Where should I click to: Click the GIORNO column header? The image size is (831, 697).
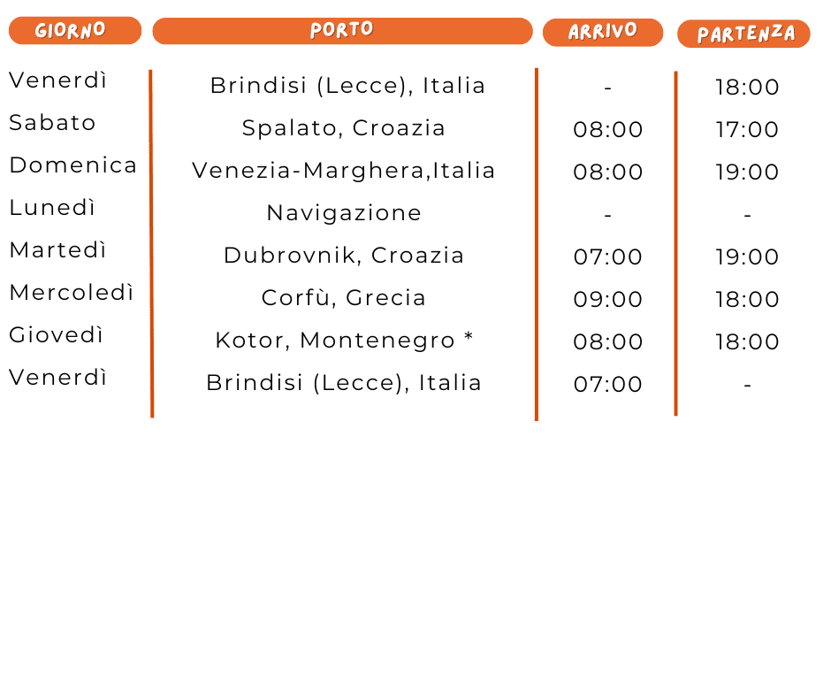click(74, 31)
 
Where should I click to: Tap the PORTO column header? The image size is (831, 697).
click(342, 31)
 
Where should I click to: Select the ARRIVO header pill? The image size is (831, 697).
click(602, 32)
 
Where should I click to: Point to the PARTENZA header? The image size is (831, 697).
click(743, 34)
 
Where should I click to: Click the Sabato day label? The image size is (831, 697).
click(52, 123)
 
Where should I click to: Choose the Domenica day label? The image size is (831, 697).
click(72, 165)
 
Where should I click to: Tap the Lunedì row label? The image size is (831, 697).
click(52, 208)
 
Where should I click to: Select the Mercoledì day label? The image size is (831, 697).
click(71, 293)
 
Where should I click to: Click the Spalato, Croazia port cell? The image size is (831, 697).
click(343, 128)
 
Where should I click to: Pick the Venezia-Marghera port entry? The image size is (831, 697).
click(343, 171)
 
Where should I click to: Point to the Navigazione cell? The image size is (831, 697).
click(343, 213)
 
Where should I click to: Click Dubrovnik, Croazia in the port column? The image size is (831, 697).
click(343, 256)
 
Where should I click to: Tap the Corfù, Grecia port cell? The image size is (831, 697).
click(343, 298)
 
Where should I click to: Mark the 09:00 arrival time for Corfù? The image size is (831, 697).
click(607, 300)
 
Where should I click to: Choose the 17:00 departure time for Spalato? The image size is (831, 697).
click(747, 130)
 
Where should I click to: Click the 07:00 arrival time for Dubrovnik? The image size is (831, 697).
click(607, 257)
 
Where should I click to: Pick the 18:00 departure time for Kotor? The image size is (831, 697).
click(747, 342)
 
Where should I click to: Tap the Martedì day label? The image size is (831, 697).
click(57, 250)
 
